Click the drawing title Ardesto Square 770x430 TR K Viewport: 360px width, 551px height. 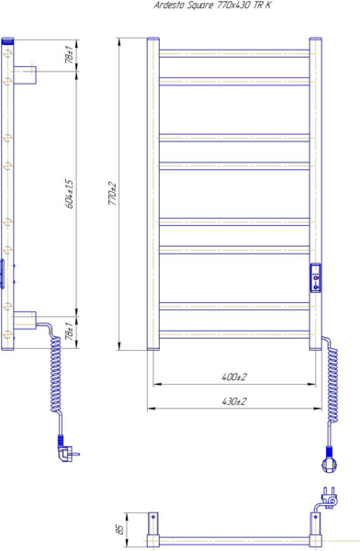[x=213, y=6]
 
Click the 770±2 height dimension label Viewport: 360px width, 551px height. [x=113, y=194]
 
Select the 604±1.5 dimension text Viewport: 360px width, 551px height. [x=70, y=194]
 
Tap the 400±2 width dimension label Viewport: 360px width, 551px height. [x=234, y=377]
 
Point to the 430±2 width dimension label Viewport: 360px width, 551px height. [x=234, y=401]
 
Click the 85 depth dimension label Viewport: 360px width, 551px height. [x=120, y=529]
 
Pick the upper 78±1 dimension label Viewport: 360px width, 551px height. [x=70, y=54]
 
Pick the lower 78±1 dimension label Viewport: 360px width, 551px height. [x=70, y=332]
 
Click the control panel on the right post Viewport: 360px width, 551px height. [x=315, y=277]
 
